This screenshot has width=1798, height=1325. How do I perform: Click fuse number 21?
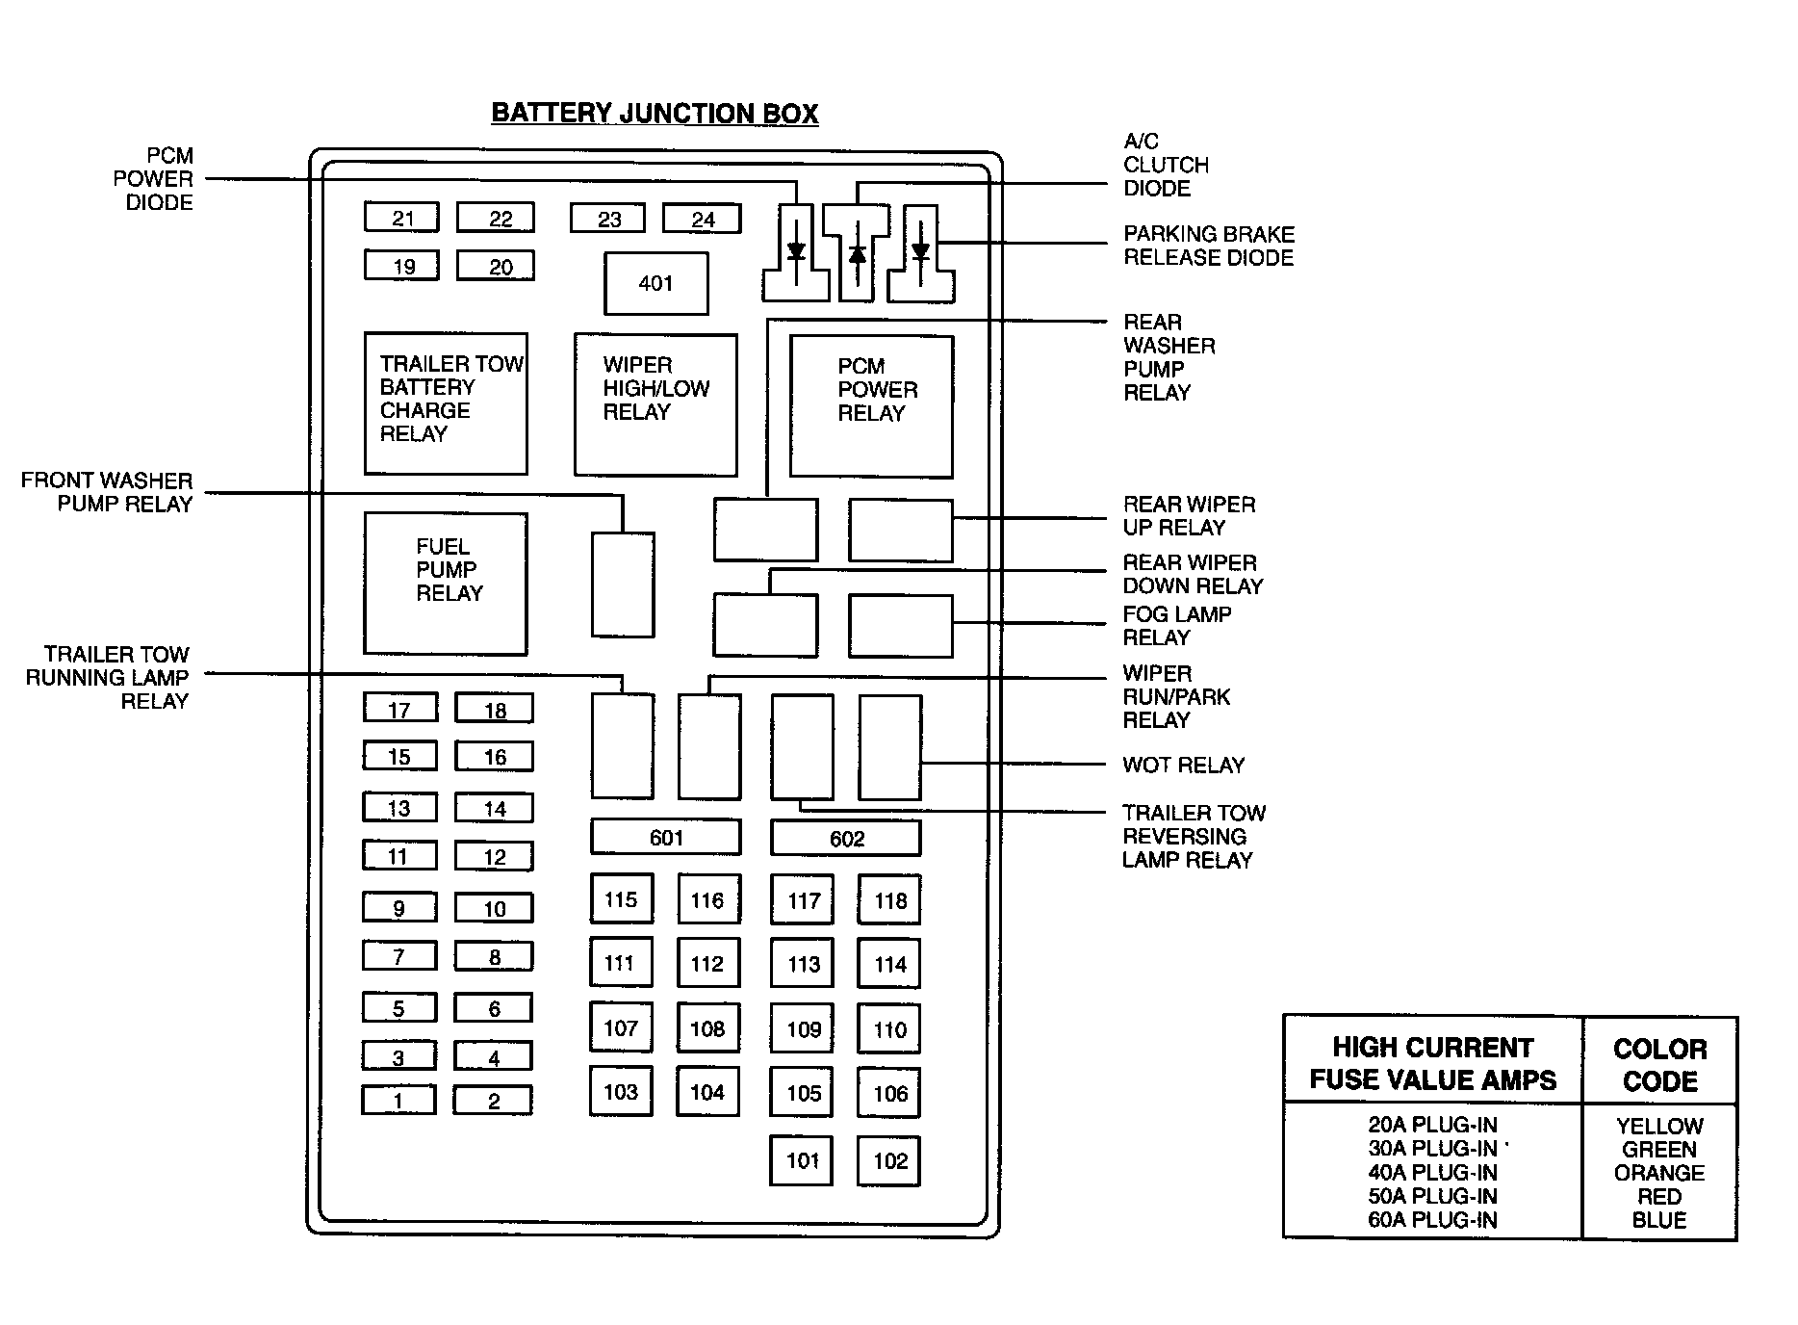(401, 218)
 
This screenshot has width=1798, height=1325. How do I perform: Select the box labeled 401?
(655, 283)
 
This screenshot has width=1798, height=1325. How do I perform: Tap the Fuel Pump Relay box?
(446, 584)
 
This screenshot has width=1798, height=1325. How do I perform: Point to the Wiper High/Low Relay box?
(655, 404)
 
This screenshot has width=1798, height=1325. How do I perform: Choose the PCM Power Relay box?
(871, 405)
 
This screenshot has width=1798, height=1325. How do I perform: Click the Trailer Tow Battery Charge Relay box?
(446, 403)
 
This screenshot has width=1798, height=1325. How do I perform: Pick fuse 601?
(666, 838)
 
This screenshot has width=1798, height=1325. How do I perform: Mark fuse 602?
(846, 839)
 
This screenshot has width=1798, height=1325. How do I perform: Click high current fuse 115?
(621, 899)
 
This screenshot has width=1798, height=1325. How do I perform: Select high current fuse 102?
(889, 1160)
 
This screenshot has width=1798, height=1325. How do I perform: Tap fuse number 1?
(398, 1101)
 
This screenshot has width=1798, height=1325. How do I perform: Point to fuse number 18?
(494, 710)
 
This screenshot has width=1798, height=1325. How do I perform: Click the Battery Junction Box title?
(655, 113)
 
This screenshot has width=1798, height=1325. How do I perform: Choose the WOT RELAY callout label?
(1183, 766)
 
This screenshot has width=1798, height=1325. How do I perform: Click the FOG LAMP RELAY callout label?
(1176, 626)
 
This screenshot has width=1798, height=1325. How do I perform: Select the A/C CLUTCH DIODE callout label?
(1165, 165)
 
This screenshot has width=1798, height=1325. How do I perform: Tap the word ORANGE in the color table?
(1658, 1173)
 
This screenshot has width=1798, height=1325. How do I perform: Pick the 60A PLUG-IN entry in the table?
(1432, 1220)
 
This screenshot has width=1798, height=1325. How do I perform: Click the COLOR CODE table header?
(1659, 1064)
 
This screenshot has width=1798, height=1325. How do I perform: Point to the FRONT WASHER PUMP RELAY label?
(106, 492)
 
